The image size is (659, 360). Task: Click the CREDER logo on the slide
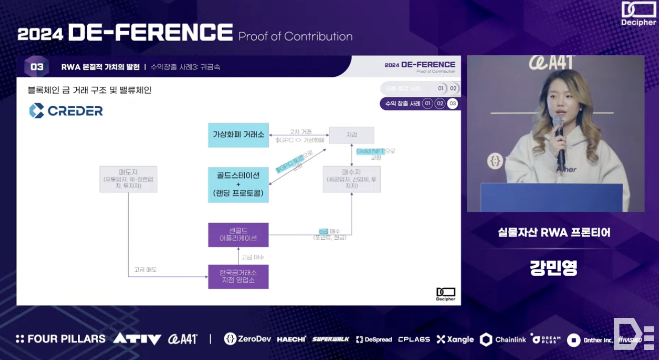(66, 111)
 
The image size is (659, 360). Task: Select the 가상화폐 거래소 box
(238, 135)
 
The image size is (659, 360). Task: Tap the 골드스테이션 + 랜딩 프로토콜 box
(238, 185)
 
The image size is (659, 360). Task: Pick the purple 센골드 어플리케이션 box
(238, 235)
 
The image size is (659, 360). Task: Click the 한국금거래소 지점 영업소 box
(238, 276)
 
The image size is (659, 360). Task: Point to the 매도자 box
(128, 179)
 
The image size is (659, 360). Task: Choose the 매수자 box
(351, 179)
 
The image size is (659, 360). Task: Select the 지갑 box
(351, 135)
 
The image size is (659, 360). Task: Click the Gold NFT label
(370, 151)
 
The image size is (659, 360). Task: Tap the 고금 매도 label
(145, 270)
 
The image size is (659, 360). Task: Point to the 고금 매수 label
(253, 257)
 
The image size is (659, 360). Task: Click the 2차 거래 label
(300, 131)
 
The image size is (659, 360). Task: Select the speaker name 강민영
(554, 267)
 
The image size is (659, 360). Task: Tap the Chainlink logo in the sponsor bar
(503, 339)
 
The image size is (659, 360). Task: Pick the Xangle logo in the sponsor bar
(455, 339)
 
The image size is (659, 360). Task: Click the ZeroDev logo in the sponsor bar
(247, 339)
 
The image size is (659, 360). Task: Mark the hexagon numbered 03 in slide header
(37, 67)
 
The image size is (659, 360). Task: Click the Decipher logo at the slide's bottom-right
(445, 294)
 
